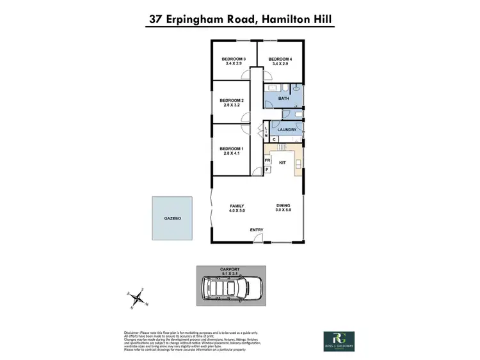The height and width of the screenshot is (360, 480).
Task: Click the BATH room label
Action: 284,98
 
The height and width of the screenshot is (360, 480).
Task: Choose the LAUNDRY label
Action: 286,130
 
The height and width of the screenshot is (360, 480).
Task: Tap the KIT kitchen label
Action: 282,163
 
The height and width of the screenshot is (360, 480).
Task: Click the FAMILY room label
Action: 237,206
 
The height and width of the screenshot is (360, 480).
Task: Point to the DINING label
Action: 283,206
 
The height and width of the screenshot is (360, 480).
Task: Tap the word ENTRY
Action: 257,230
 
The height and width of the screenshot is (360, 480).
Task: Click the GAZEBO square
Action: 173,219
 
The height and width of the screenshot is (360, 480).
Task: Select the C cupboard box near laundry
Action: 274,139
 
